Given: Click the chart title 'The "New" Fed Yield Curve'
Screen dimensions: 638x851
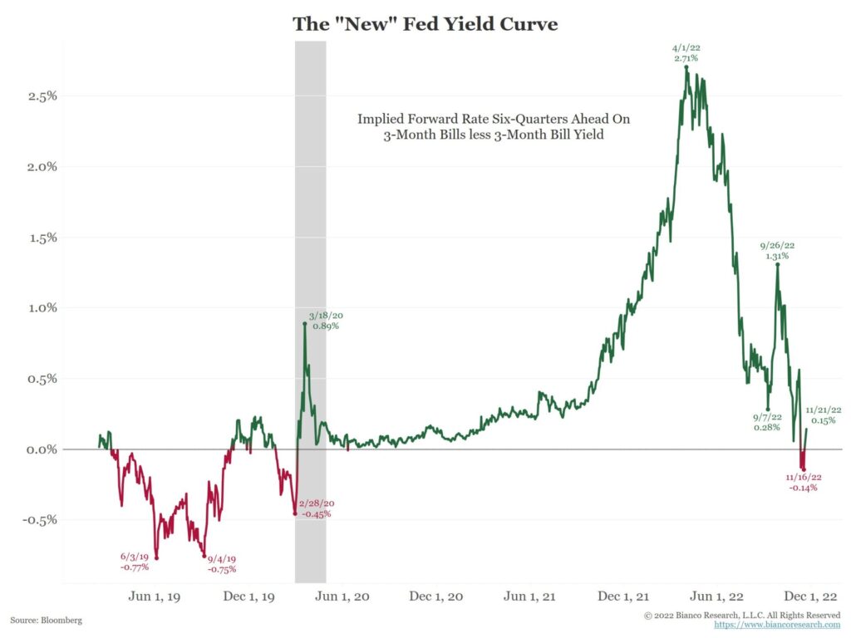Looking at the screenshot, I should [x=425, y=24].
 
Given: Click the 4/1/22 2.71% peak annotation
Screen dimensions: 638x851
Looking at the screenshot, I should [x=686, y=54].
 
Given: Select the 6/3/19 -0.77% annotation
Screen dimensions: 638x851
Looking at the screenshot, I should [x=134, y=561].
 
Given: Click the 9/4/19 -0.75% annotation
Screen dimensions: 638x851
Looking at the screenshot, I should [x=221, y=564].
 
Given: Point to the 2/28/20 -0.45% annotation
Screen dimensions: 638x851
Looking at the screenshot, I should [x=316, y=508].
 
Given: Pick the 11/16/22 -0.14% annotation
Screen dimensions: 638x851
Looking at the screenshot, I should [x=802, y=483].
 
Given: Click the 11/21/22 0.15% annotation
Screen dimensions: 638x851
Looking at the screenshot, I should [x=824, y=415].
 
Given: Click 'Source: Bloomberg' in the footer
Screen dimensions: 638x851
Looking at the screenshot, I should [x=47, y=621].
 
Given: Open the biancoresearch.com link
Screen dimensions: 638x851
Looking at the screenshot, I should [x=777, y=624].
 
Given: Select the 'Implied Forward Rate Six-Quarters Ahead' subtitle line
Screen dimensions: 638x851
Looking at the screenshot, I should [x=494, y=120].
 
